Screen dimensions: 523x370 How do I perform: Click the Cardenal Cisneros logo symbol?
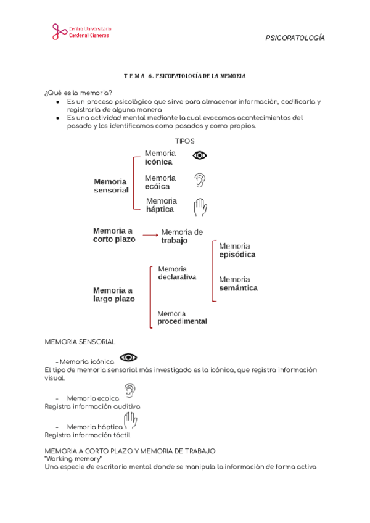click(x=59, y=32)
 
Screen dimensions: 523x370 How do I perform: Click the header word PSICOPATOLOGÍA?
click(x=294, y=38)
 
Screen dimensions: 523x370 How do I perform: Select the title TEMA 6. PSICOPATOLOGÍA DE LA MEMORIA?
click(x=184, y=76)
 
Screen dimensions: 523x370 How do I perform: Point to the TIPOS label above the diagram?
click(x=185, y=141)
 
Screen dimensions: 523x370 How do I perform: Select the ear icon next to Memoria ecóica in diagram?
click(x=199, y=180)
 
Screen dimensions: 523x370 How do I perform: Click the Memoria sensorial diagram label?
click(x=111, y=186)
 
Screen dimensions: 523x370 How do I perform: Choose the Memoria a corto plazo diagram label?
click(x=113, y=235)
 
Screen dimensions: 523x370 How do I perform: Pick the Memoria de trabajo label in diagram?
click(x=182, y=236)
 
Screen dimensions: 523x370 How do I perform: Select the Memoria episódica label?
click(x=237, y=250)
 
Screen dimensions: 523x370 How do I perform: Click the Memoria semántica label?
click(x=238, y=284)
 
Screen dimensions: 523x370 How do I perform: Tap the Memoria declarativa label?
click(x=177, y=273)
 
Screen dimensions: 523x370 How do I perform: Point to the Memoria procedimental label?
click(x=182, y=318)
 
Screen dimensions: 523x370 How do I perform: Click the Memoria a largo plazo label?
click(x=113, y=294)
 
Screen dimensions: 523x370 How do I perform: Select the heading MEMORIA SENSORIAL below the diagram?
click(x=80, y=342)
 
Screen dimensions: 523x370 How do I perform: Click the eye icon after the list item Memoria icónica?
click(x=128, y=358)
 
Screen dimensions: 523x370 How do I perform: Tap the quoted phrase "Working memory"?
click(x=73, y=459)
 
